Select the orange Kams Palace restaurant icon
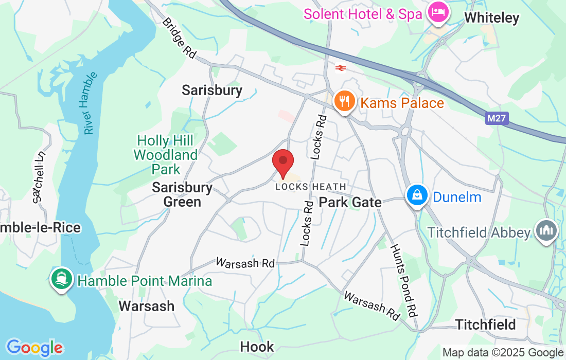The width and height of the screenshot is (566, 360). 343,101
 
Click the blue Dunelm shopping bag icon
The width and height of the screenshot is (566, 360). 415,195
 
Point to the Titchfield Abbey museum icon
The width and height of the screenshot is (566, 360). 546,231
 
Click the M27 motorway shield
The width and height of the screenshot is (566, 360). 497,119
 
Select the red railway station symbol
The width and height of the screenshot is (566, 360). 340,68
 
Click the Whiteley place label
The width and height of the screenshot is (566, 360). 491,18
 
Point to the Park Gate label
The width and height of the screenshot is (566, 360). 350,202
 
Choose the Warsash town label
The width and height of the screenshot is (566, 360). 146,306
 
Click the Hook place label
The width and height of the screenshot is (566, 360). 257,347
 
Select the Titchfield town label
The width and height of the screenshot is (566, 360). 485,325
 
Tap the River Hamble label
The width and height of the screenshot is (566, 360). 91,103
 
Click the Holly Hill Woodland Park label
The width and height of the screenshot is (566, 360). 165,154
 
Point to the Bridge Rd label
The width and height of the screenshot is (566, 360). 180,38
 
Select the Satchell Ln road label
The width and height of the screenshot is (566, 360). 39,176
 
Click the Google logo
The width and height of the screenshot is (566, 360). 34,348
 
